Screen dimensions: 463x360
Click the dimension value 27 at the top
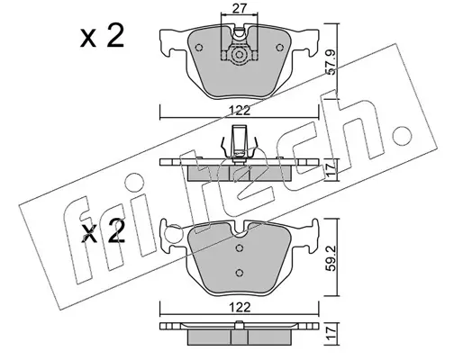pyautogui.click(x=240, y=8)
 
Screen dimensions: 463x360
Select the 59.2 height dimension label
pyautogui.click(x=331, y=258)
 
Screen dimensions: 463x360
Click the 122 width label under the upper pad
pyautogui.click(x=240, y=111)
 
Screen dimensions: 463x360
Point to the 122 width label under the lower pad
pyautogui.click(x=240, y=308)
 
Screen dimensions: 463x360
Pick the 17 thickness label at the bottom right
pyautogui.click(x=331, y=334)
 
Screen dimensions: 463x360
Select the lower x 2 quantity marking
pyautogui.click(x=103, y=231)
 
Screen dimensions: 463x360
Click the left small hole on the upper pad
pyautogui.click(x=199, y=48)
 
